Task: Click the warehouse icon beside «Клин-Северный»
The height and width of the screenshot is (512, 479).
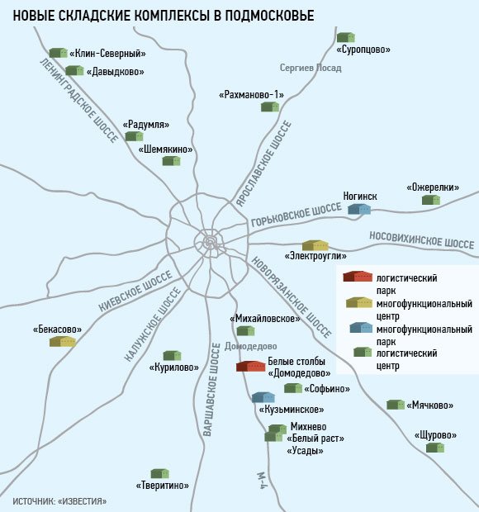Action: coord(58,53)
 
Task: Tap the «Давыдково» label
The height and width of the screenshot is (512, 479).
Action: coord(116,72)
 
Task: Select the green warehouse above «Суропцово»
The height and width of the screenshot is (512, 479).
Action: coord(346,37)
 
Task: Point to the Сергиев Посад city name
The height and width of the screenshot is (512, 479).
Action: coord(311,68)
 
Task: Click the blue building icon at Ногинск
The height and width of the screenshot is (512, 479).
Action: coord(359,209)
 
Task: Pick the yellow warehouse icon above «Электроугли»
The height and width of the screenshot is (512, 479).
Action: coord(315,245)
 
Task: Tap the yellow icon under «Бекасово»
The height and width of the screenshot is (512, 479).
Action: coord(63,342)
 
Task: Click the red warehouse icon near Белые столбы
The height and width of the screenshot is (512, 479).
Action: coord(250,367)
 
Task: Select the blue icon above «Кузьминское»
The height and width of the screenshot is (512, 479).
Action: coord(263,397)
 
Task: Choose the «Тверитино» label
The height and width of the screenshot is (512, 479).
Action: coord(162,486)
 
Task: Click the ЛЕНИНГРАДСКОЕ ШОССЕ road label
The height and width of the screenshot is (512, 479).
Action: coord(78,101)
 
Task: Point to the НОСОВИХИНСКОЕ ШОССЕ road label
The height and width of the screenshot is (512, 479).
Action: coord(421,240)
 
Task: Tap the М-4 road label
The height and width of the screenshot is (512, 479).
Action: coord(263,480)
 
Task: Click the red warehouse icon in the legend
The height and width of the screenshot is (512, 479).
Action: coord(358,277)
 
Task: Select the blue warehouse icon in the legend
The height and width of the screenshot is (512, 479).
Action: coord(361,328)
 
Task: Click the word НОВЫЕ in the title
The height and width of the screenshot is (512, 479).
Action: coord(34,16)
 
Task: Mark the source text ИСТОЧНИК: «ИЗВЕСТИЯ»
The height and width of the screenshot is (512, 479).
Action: coord(59,501)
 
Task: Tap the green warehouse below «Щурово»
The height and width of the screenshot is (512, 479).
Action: coord(435,448)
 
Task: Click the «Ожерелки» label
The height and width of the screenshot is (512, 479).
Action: coord(433,187)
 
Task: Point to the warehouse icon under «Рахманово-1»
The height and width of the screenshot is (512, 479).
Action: coord(270,107)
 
